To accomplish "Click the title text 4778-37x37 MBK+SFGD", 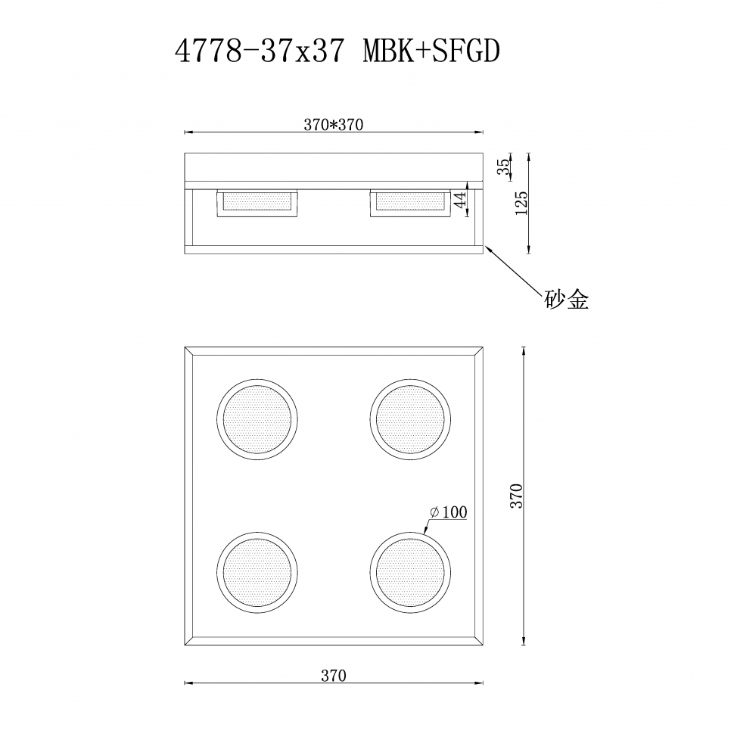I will point(337,51).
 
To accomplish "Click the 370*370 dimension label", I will point(333,126).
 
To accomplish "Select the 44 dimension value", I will point(459,200).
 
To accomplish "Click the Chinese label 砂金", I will point(566,300).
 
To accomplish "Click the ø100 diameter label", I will point(448,512).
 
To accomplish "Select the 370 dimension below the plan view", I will point(333,676).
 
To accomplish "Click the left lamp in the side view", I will point(257,203).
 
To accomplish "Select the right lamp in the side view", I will point(410,203).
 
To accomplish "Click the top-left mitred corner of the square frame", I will point(189,352).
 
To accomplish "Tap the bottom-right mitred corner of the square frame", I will point(478,642).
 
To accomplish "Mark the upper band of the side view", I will point(333,167).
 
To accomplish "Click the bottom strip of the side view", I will point(333,249).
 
